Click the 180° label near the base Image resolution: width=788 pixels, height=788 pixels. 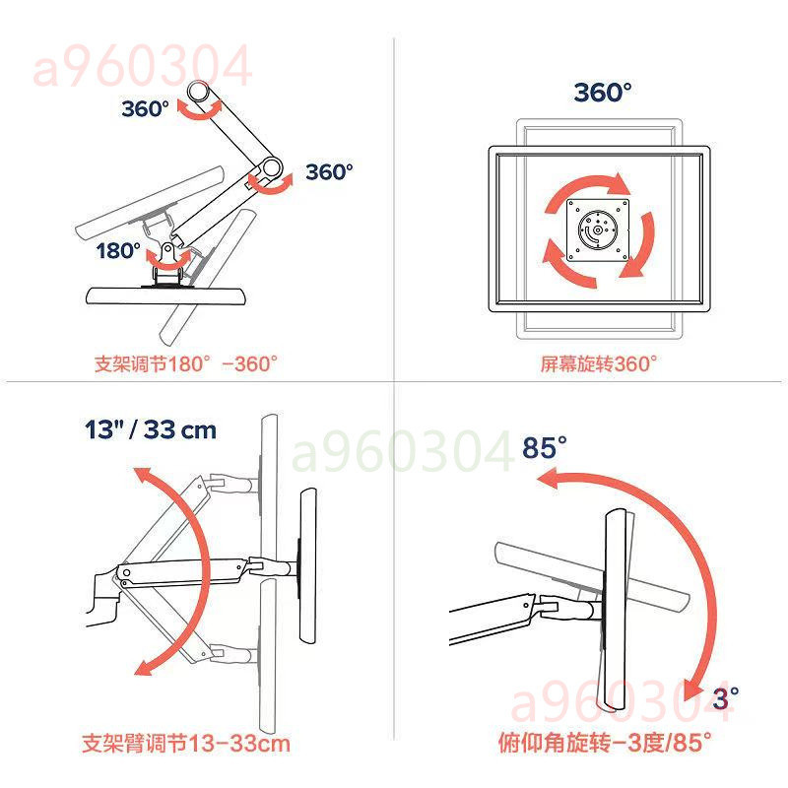pyautogui.click(x=118, y=250)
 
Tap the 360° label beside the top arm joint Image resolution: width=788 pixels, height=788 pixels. pyautogui.click(x=145, y=108)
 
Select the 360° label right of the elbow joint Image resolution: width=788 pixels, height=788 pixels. pyautogui.click(x=329, y=171)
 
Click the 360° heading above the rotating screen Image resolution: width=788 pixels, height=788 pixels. pyautogui.click(x=603, y=93)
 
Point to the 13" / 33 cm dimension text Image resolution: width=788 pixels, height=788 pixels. pyautogui.click(x=151, y=430)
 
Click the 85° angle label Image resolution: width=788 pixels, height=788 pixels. pyautogui.click(x=545, y=447)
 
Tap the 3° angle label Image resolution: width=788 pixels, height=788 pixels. pyautogui.click(x=725, y=698)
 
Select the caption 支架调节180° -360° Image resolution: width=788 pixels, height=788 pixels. pyautogui.click(x=186, y=363)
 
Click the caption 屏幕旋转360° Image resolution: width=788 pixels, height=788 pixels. pyautogui.click(x=599, y=363)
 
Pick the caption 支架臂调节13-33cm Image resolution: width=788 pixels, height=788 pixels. pyautogui.click(x=186, y=744)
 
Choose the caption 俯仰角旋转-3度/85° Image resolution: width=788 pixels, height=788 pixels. pyautogui.click(x=605, y=743)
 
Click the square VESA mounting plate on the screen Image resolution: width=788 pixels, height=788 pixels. pyautogui.click(x=598, y=230)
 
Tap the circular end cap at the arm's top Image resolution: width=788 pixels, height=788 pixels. pyautogui.click(x=198, y=92)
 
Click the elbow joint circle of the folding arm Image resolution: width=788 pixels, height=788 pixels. pyautogui.click(x=271, y=167)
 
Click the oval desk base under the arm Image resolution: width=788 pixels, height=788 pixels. pyautogui.click(x=166, y=296)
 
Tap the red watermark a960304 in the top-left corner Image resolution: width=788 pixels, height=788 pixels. pyautogui.click(x=142, y=66)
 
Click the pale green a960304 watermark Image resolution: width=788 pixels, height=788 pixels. pyautogui.click(x=402, y=451)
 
